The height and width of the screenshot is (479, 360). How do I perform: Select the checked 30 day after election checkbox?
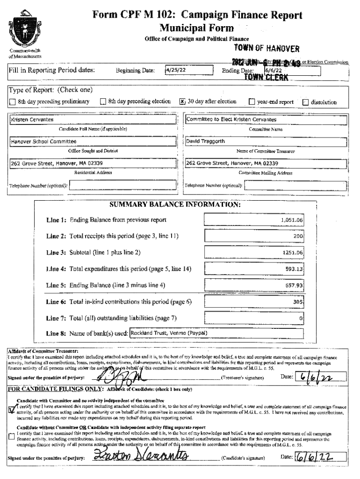tap(183, 102)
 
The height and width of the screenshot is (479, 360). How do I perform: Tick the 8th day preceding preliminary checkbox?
tap(13, 102)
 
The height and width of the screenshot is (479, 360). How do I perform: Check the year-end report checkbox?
tap(252, 102)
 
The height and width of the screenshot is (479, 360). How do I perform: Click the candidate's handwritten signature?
tap(140, 455)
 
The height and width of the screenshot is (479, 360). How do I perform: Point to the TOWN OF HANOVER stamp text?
tap(266, 49)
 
